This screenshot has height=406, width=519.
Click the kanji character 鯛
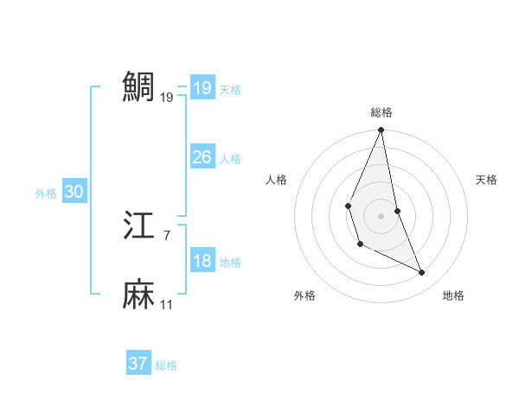[139, 86]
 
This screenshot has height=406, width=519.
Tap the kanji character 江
[139, 225]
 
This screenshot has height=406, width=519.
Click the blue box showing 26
[202, 157]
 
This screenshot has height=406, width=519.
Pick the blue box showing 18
[202, 261]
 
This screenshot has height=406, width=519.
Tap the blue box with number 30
[74, 193]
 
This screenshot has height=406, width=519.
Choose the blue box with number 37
[138, 364]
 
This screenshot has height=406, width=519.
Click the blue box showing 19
[202, 88]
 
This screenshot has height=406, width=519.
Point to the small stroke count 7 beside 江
[167, 235]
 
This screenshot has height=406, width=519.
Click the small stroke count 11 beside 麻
[167, 305]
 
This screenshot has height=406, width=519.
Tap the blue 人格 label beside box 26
[230, 159]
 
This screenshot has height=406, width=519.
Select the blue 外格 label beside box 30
[46, 194]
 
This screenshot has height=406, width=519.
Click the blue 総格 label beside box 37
[166, 365]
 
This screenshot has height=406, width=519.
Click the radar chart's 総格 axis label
[381, 112]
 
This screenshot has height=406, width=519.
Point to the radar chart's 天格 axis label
[487, 180]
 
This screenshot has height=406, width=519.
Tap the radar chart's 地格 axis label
[453, 295]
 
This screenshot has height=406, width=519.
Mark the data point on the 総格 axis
[381, 130]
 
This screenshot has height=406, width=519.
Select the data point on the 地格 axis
[422, 272]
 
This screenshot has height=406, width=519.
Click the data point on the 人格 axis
[348, 206]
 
